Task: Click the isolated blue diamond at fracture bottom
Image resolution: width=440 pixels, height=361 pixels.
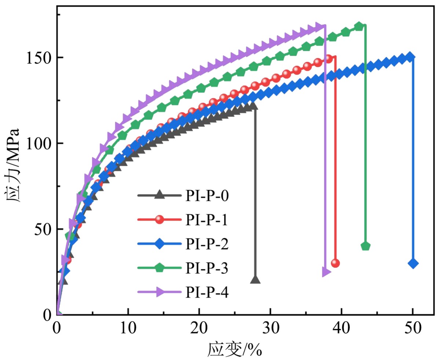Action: click(x=413, y=263)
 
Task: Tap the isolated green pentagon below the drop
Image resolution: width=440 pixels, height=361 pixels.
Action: click(x=366, y=246)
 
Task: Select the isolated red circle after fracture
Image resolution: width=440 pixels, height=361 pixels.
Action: click(x=335, y=263)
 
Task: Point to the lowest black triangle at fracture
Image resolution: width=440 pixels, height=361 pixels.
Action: click(x=255, y=280)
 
